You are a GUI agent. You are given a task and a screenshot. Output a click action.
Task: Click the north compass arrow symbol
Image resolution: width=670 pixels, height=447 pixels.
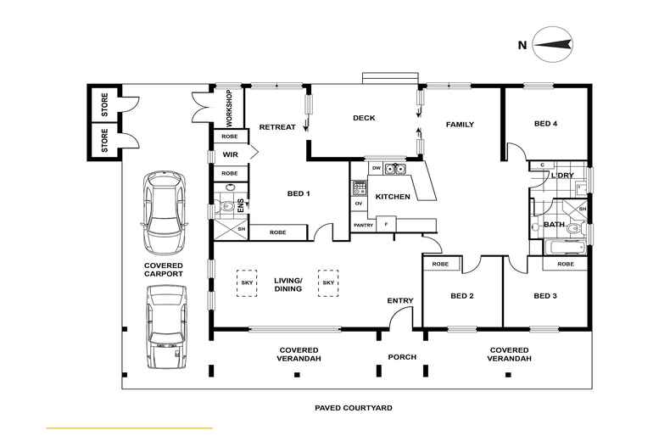pos(553,44)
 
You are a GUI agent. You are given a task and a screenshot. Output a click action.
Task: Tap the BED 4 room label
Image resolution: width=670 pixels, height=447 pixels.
pos(545,124)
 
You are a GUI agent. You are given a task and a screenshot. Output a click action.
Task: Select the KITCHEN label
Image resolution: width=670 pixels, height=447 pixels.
pos(393,197)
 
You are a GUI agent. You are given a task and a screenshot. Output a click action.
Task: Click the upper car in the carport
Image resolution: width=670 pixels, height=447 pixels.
pos(164,212)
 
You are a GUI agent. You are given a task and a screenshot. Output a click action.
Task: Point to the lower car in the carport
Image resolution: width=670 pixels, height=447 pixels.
pos(167,327)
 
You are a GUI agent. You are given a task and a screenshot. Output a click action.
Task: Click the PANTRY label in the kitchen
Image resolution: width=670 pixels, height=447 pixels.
pos(364,226)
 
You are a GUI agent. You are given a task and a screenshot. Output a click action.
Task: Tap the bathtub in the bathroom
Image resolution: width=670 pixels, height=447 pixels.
pos(564,248)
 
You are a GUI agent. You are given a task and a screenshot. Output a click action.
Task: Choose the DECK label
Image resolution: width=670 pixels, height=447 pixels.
pos(364,118)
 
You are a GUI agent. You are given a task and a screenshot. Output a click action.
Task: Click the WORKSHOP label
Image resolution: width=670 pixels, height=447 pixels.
pos(229,108)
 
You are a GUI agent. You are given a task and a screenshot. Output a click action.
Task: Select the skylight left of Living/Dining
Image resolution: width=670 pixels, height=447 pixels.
pos(247,283)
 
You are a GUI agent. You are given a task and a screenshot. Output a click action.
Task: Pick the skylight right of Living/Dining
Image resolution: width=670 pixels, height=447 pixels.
pos(328,283)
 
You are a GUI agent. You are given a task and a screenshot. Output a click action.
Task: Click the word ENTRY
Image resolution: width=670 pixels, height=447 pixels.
pos(400,301)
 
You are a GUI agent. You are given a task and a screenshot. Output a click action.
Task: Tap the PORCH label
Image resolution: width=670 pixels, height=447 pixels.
pos(402,357)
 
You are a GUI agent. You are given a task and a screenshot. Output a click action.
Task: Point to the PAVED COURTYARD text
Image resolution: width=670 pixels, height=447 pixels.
pos(354,408)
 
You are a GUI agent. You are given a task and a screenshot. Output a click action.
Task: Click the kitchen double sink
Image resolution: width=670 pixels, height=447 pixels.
pos(394,170)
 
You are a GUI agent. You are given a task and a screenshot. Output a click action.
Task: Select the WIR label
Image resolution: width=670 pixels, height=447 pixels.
pos(231,154)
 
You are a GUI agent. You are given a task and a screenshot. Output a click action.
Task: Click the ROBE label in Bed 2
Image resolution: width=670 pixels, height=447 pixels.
pos(440,264)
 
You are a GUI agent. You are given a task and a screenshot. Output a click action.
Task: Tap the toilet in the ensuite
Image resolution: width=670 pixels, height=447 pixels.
pos(226,207)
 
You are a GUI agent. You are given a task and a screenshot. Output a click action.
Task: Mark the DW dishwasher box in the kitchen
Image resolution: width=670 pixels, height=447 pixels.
pos(376,169)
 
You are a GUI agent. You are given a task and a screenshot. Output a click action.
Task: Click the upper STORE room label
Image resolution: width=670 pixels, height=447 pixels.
pos(104,105)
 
